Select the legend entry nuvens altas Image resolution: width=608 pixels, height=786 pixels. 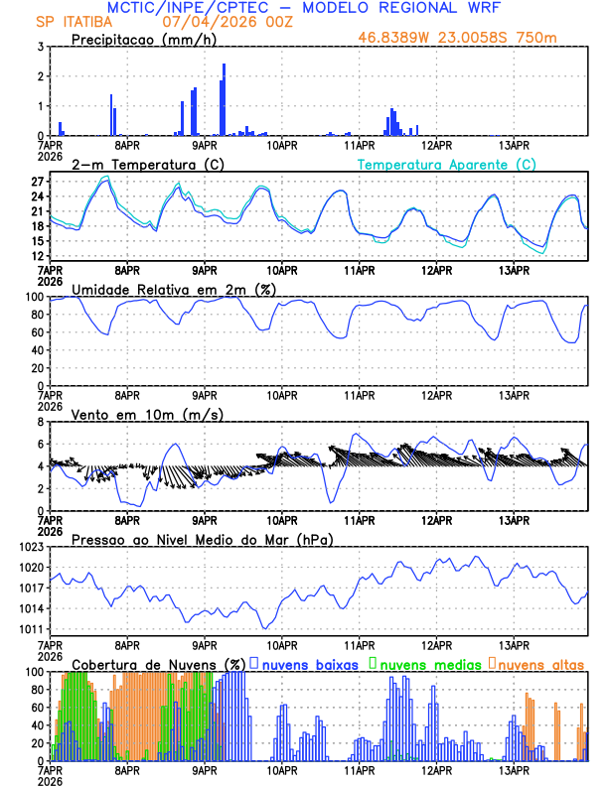(539, 663)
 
